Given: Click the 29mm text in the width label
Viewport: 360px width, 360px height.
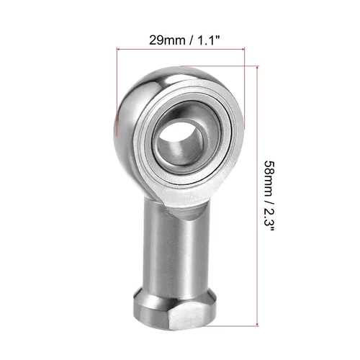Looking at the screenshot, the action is pyautogui.click(x=167, y=40).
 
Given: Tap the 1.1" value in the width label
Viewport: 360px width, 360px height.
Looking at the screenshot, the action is pyautogui.click(x=208, y=40).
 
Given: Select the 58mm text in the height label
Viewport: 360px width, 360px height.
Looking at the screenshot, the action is pyautogui.click(x=269, y=179).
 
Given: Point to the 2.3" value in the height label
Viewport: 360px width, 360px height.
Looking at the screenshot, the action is pyautogui.click(x=269, y=220).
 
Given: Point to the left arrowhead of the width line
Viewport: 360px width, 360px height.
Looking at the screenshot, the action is pyautogui.click(x=118, y=49).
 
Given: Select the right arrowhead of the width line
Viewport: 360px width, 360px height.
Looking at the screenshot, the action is pyautogui.click(x=243, y=49).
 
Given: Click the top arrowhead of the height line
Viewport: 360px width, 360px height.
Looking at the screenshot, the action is pyautogui.click(x=257, y=68).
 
